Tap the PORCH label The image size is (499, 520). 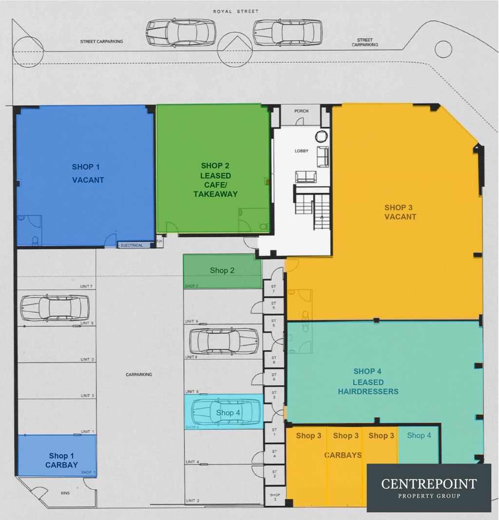pyautogui.click(x=301, y=111)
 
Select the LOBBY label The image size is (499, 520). pyautogui.click(x=302, y=151)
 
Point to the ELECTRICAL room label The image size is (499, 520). pyautogui.click(x=132, y=245)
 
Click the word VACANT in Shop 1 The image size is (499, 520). pyautogui.click(x=88, y=180)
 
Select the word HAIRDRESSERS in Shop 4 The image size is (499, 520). pyautogui.click(x=368, y=391)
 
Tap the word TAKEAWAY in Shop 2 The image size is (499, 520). pyautogui.click(x=215, y=194)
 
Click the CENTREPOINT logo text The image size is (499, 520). pyautogui.click(x=429, y=484)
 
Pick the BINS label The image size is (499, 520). pyautogui.click(x=65, y=493)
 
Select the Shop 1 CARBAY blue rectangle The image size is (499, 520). pyautogui.click(x=57, y=455)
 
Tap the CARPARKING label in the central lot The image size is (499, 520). pyautogui.click(x=139, y=375)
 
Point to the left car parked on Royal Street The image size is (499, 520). pyautogui.click(x=181, y=33)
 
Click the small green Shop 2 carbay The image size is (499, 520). pyautogui.click(x=222, y=271)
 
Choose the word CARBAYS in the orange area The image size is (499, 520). pyautogui.click(x=343, y=455)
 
